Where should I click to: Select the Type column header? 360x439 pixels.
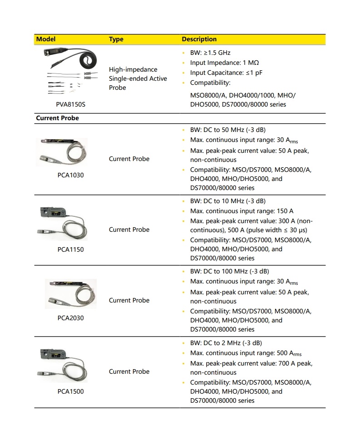116,39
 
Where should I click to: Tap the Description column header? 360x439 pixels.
199,39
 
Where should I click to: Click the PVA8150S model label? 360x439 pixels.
70,104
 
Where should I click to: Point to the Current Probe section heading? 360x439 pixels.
57,118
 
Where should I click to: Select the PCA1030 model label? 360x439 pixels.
70,175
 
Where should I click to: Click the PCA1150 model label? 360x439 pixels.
70,249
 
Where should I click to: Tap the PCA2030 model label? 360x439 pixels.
70,318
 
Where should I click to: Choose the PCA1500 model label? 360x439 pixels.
70,391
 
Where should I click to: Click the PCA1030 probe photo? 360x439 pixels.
62,152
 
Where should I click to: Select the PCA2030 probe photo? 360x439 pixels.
70,294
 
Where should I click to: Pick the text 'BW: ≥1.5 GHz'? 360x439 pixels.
210,53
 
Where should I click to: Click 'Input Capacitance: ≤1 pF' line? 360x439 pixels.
226,73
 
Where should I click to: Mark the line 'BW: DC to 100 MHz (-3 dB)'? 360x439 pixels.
229,272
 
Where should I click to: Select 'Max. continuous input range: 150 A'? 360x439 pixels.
242,211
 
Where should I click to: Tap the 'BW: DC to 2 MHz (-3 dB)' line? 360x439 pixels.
226,343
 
